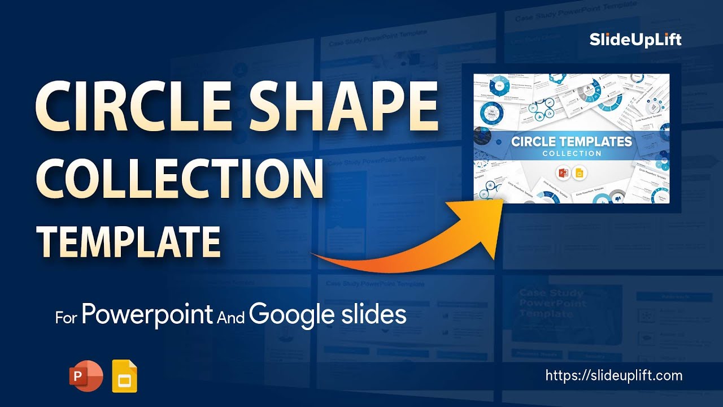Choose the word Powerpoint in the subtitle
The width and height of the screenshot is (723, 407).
click(147, 314)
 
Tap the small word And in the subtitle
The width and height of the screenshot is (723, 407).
click(230, 318)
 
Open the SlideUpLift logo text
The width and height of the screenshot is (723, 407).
click(635, 40)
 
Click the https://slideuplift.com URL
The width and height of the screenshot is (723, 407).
click(614, 375)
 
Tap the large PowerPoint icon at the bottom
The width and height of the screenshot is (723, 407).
click(86, 376)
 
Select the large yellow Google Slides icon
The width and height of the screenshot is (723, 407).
click(124, 376)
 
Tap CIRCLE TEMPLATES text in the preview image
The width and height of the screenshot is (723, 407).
click(572, 141)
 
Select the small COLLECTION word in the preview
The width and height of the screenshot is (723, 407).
click(572, 154)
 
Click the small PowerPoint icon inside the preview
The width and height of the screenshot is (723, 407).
click(563, 173)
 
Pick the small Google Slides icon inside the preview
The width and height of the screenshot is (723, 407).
click(579, 173)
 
